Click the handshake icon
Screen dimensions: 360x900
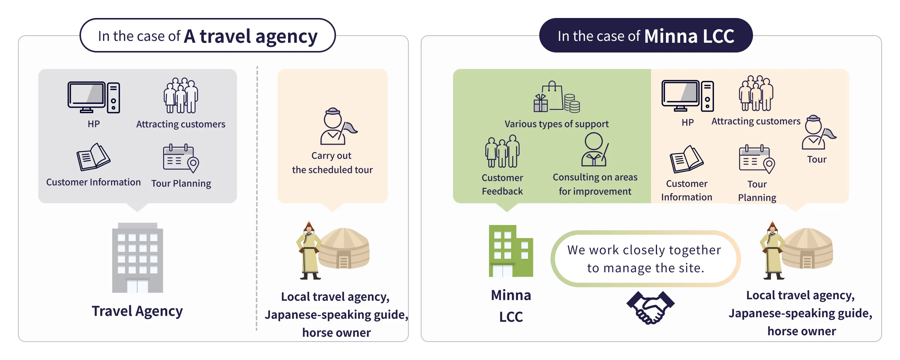point(650,307)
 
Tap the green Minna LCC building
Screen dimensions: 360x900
point(510,251)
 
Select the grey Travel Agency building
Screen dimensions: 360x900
point(137,258)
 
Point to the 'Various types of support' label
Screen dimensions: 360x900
point(556,124)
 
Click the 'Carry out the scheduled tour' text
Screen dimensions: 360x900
point(332,162)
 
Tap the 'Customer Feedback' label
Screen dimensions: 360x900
point(502,184)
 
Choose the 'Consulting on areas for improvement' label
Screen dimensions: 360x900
point(595,184)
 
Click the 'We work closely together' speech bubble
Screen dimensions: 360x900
point(644,259)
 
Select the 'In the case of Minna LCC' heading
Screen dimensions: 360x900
point(646,36)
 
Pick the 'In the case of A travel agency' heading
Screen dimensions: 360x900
point(207,36)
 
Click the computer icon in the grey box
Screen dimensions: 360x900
point(94,97)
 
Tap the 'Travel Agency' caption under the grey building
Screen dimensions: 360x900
point(137,311)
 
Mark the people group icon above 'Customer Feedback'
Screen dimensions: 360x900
point(502,151)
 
